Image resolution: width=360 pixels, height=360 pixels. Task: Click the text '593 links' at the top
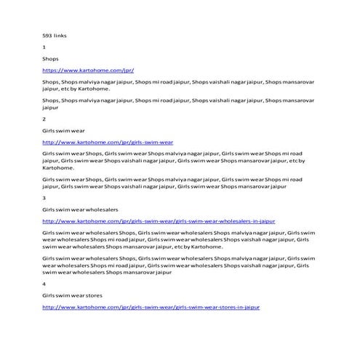pyautogui.click(x=54, y=35)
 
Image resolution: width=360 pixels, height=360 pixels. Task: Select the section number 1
pyautogui.click(x=44, y=46)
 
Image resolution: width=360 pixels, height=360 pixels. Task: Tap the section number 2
pyautogui.click(x=44, y=118)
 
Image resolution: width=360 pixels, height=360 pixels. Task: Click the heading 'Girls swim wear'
pyautogui.click(x=63, y=129)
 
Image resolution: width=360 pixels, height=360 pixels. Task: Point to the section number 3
pyautogui.click(x=44, y=197)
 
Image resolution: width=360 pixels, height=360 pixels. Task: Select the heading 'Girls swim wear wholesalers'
pyautogui.click(x=81, y=209)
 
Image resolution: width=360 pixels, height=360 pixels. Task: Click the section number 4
pyautogui.click(x=44, y=284)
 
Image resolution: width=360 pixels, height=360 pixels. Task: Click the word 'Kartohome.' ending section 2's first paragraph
pyautogui.click(x=57, y=167)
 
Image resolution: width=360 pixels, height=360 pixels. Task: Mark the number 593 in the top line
pyautogui.click(x=48, y=35)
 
